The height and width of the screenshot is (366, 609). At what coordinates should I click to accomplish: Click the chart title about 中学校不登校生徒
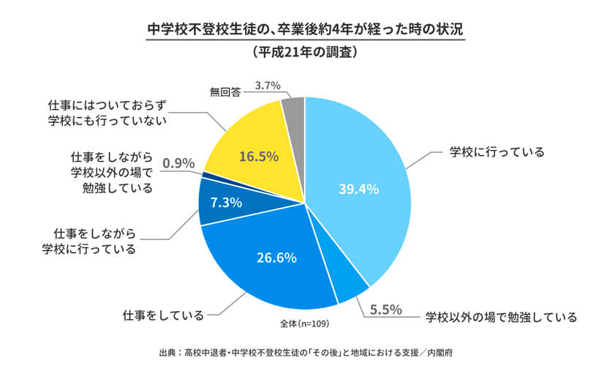tap(304, 31)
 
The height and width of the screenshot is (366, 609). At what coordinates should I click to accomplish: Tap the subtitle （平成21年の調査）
tap(304, 53)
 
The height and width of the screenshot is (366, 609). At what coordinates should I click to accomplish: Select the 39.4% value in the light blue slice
tap(358, 189)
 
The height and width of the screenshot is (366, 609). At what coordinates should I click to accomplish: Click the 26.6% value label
tap(276, 257)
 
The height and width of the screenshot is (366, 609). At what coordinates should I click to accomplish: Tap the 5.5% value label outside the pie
tap(385, 310)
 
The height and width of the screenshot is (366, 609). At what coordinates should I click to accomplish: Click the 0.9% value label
tap(178, 163)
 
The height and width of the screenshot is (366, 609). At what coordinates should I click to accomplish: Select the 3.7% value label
tap(268, 85)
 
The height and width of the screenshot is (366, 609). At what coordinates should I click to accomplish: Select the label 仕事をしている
tap(162, 316)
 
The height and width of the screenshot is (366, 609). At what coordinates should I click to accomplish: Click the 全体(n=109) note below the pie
tap(303, 322)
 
